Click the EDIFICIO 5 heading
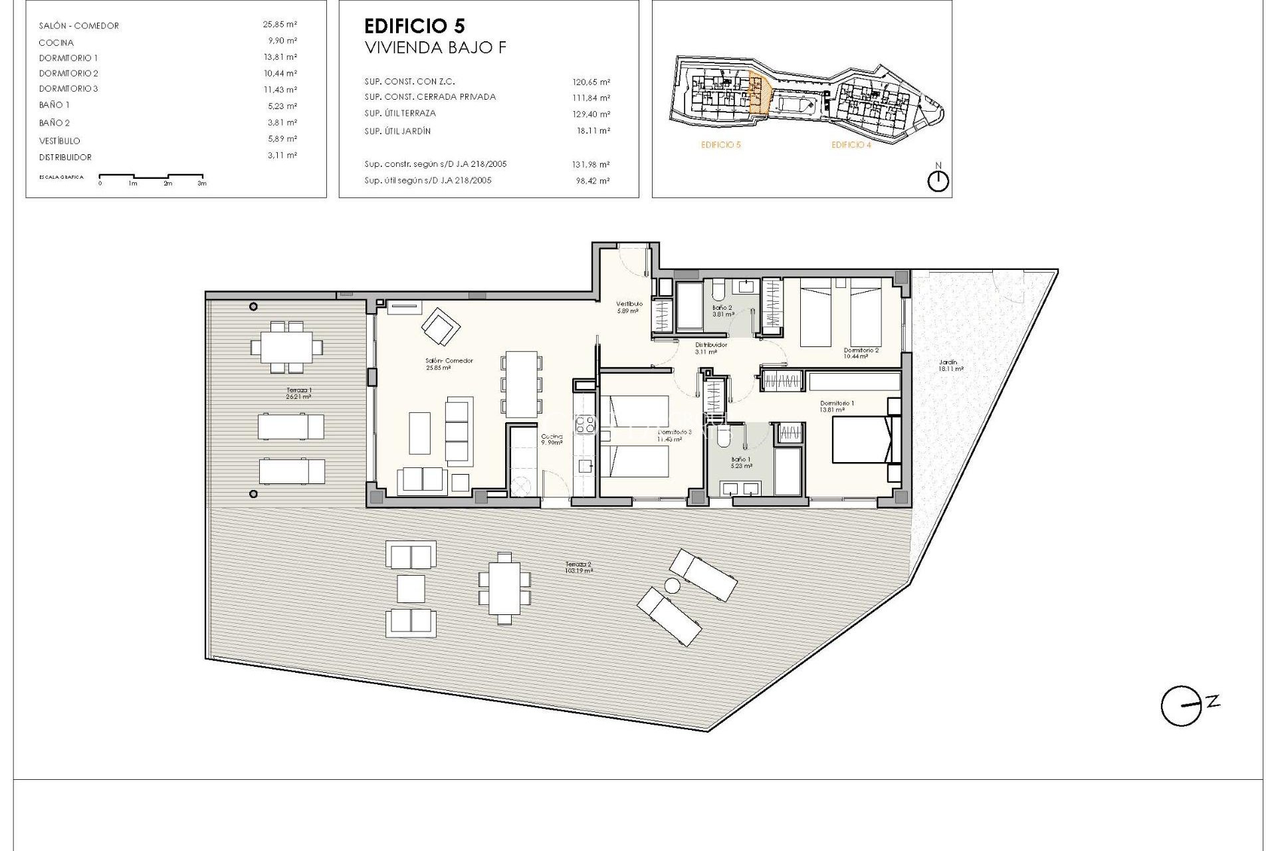[415, 26]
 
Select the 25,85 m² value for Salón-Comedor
[280, 25]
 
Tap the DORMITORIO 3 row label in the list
[68, 89]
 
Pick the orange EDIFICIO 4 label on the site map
[851, 145]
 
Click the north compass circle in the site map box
[938, 182]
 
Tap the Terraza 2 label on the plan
[578, 567]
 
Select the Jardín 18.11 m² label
[950, 365]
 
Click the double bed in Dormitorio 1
[861, 439]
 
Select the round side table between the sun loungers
[673, 586]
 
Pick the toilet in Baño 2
[717, 291]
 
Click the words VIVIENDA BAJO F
[435, 48]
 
